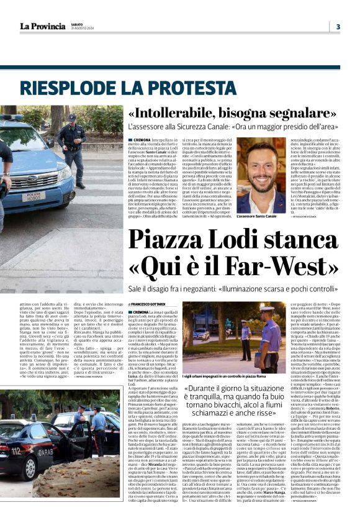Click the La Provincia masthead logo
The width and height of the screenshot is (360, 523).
tap(42, 25)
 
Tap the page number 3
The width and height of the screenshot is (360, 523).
tap(338, 27)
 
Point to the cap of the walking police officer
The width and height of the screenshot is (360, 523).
tap(72, 117)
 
